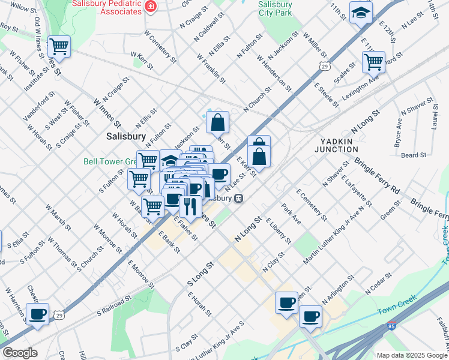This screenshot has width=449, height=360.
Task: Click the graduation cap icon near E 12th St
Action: [361, 12]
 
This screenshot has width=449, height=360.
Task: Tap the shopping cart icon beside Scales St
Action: [373, 61]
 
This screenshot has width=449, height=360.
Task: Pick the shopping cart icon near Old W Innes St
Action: [59, 46]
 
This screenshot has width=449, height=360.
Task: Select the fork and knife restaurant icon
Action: [190, 207]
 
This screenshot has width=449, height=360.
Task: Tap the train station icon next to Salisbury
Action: [238, 198]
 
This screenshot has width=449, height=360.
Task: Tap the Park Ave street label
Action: [291, 217]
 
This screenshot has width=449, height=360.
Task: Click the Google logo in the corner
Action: [20, 353]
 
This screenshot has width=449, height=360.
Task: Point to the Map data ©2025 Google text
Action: [412, 355]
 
